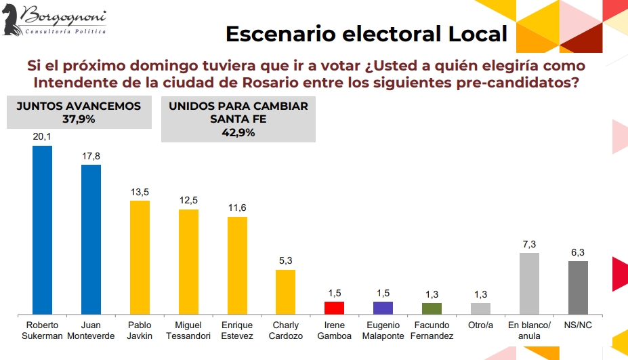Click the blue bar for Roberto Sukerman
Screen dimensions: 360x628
pyautogui.click(x=42, y=230)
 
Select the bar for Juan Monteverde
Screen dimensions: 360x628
pyautogui.click(x=91, y=239)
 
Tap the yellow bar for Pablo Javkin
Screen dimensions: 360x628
pyautogui.click(x=140, y=258)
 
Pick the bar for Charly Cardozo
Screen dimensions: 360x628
pyautogui.click(x=286, y=292)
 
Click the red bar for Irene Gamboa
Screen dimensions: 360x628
pyautogui.click(x=335, y=308)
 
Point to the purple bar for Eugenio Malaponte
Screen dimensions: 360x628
pyautogui.click(x=383, y=308)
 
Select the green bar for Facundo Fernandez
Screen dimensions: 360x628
pyautogui.click(x=432, y=308)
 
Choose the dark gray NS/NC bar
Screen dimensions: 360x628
pyautogui.click(x=578, y=287)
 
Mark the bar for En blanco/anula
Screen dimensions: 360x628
pyautogui.click(x=529, y=283)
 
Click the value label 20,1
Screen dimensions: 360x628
pyautogui.click(x=42, y=137)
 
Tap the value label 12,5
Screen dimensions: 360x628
pyautogui.click(x=188, y=201)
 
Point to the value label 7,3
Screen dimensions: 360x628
pyautogui.click(x=529, y=244)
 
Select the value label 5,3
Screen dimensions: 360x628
pyautogui.click(x=286, y=261)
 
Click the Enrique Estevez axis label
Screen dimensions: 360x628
pyautogui.click(x=237, y=330)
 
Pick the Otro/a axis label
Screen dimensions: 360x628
pyautogui.click(x=480, y=325)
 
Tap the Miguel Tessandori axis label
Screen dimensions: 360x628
pyautogui.click(x=188, y=330)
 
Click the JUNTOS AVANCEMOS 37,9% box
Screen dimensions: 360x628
pyautogui.click(x=79, y=113)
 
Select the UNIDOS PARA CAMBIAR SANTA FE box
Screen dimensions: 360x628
pyautogui.click(x=238, y=119)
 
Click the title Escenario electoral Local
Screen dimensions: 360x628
pyautogui.click(x=366, y=33)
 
